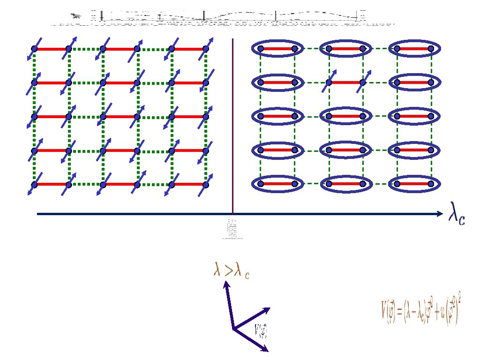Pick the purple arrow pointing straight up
click(x=229, y=305)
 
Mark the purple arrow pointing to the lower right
click(x=251, y=339)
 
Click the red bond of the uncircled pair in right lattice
click(x=345, y=82)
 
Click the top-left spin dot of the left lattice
click(x=34, y=49)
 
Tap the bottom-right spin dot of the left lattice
click(x=205, y=184)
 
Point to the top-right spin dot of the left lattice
click(x=205, y=49)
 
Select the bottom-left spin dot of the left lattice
click(x=34, y=184)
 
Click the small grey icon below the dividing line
click(x=232, y=229)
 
